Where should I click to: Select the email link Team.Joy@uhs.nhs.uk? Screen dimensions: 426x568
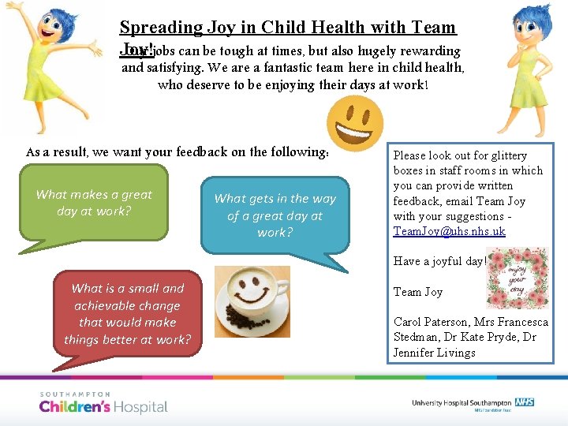click(x=449, y=231)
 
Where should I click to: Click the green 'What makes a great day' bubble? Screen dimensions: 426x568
click(x=95, y=202)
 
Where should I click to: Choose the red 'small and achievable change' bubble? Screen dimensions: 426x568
click(x=127, y=314)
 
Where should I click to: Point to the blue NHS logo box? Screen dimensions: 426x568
click(x=526, y=402)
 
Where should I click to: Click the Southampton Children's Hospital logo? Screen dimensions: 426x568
click(x=103, y=403)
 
